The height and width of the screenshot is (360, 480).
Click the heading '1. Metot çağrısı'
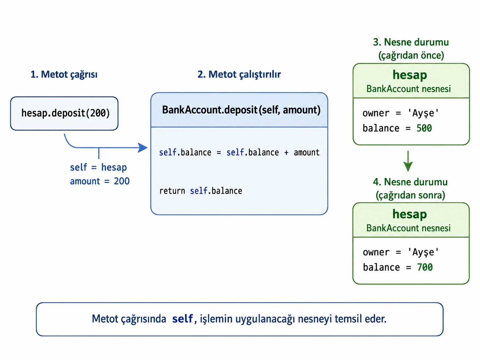click(x=64, y=75)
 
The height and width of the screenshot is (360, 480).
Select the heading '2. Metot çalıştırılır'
click(x=239, y=75)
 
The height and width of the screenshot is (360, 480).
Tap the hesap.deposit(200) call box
click(x=64, y=113)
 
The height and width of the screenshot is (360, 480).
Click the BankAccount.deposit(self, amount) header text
click(x=241, y=110)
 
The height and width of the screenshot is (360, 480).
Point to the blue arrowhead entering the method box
click(x=143, y=148)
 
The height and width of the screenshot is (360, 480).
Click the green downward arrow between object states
click(x=408, y=161)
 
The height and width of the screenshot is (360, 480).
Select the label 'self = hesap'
click(x=98, y=167)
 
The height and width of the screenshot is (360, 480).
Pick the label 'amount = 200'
click(x=100, y=181)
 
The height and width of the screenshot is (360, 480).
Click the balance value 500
click(x=424, y=128)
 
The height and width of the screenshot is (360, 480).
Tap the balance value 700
click(x=425, y=267)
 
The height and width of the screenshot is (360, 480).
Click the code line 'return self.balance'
click(x=201, y=191)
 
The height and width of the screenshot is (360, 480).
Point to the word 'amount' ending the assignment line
click(x=307, y=152)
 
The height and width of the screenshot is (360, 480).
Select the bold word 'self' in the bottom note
click(x=182, y=319)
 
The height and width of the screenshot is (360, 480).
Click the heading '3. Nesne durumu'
click(x=411, y=42)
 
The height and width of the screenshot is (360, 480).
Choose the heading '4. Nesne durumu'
click(x=410, y=182)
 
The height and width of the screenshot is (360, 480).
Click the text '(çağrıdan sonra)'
click(x=410, y=195)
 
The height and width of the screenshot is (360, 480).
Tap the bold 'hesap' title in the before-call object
click(x=410, y=75)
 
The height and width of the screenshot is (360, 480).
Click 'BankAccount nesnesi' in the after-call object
click(x=408, y=228)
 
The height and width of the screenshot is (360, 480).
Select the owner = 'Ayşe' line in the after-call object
click(x=401, y=252)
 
